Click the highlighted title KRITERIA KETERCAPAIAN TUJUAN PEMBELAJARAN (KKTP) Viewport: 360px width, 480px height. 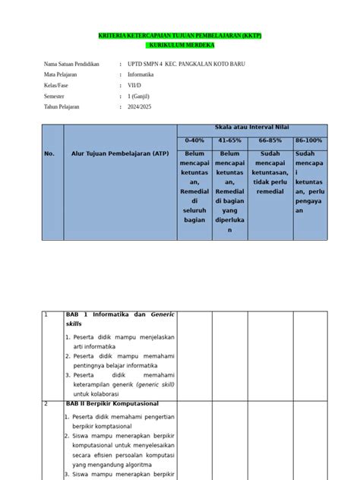coord(179,36)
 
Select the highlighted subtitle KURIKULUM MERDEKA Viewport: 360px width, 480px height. coord(180,46)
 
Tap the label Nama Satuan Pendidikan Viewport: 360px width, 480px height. coord(72,65)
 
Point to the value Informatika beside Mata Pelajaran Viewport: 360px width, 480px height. coord(141,75)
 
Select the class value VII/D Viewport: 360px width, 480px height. coord(135,86)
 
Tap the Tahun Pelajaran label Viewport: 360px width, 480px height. coord(62,107)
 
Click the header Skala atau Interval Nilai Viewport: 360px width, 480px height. coord(251,127)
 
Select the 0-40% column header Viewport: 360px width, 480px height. coord(194,141)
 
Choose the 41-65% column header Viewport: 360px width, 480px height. coord(229,141)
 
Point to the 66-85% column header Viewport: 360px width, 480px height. coord(270,141)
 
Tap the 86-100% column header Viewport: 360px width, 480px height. coord(309,141)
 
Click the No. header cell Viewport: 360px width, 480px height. coord(50,153)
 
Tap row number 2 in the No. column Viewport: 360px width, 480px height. coord(47,403)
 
